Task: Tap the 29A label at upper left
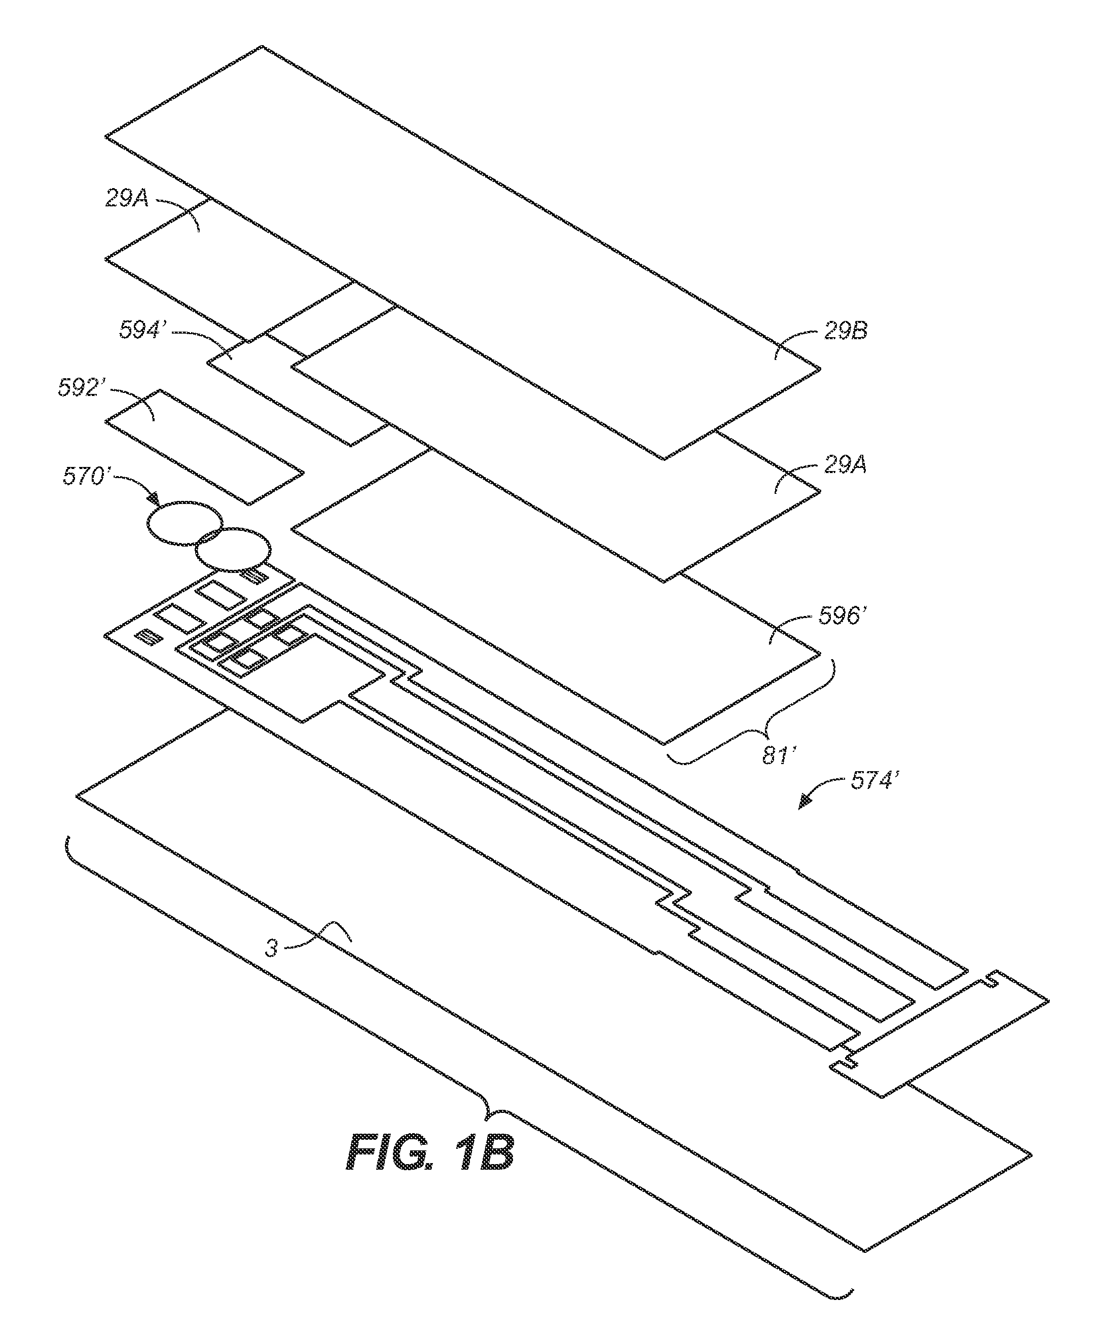coord(126,199)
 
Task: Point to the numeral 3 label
coord(271,948)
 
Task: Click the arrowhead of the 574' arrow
coord(806,802)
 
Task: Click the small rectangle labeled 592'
coord(204,447)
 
